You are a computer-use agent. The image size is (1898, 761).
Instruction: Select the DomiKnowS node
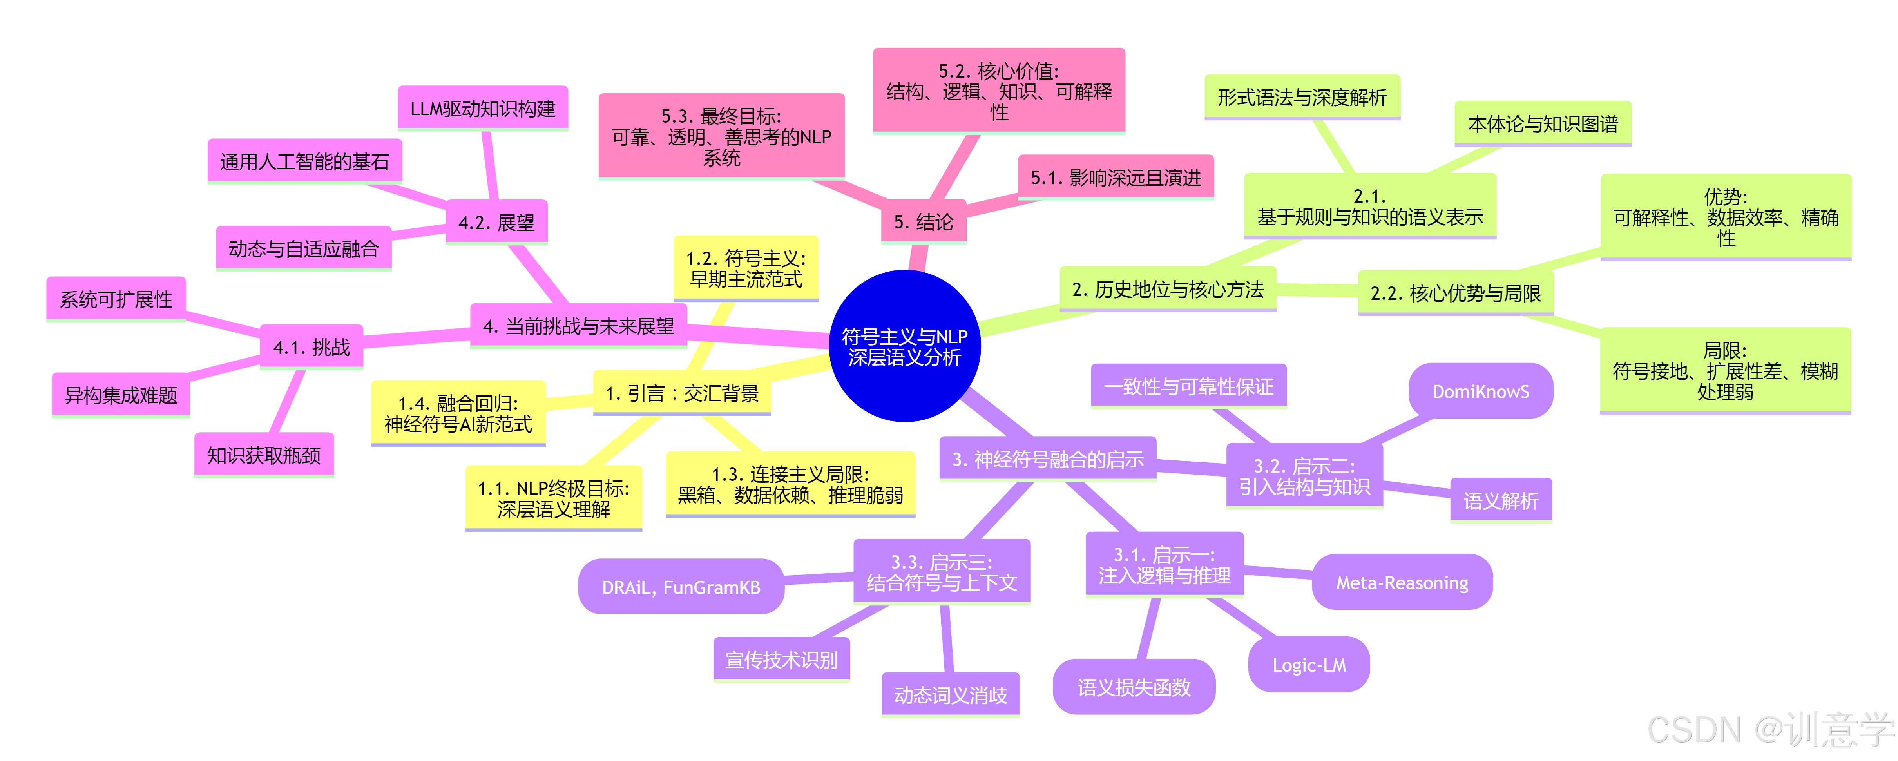click(x=1480, y=391)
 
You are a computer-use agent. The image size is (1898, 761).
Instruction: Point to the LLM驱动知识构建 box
click(x=483, y=108)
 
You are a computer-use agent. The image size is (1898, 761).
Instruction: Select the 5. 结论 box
click(x=923, y=221)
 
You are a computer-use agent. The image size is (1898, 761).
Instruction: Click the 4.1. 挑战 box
click(x=312, y=346)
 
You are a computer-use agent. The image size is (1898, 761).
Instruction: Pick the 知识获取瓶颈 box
click(x=264, y=455)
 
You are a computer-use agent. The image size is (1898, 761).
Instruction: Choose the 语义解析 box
click(x=1500, y=501)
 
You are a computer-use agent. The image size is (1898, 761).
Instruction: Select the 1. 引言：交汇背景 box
click(x=681, y=393)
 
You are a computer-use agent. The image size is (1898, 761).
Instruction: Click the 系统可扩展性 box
click(x=116, y=299)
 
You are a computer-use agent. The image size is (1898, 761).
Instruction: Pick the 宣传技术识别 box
click(x=781, y=660)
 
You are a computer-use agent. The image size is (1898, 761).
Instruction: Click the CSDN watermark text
click(x=1768, y=729)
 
